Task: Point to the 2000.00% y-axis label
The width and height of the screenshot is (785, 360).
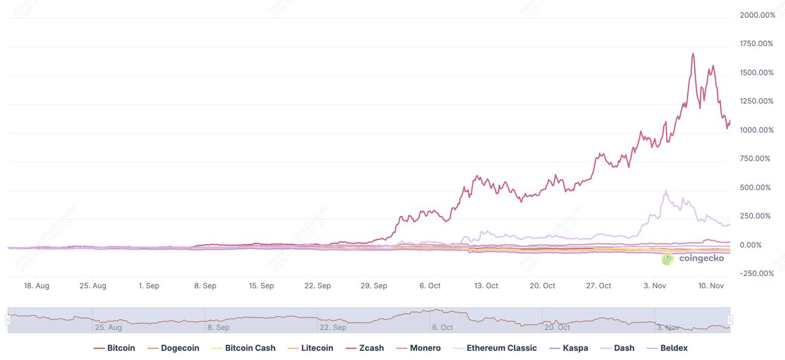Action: pyautogui.click(x=757, y=15)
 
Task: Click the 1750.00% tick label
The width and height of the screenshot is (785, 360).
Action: pyautogui.click(x=757, y=44)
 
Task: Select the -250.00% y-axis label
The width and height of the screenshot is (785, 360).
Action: pyautogui.click(x=757, y=274)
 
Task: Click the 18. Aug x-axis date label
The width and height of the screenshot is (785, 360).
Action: pyautogui.click(x=36, y=286)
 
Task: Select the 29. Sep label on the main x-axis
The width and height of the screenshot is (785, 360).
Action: pyautogui.click(x=373, y=286)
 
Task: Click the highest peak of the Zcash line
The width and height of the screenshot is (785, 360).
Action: pyautogui.click(x=693, y=53)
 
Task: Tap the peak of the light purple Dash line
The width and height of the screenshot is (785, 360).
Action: pyautogui.click(x=666, y=191)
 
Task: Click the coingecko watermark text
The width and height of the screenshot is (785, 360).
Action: pyautogui.click(x=701, y=258)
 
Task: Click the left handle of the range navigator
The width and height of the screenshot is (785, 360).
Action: pyautogui.click(x=8, y=320)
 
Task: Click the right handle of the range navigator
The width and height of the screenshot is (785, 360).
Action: pyautogui.click(x=730, y=320)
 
